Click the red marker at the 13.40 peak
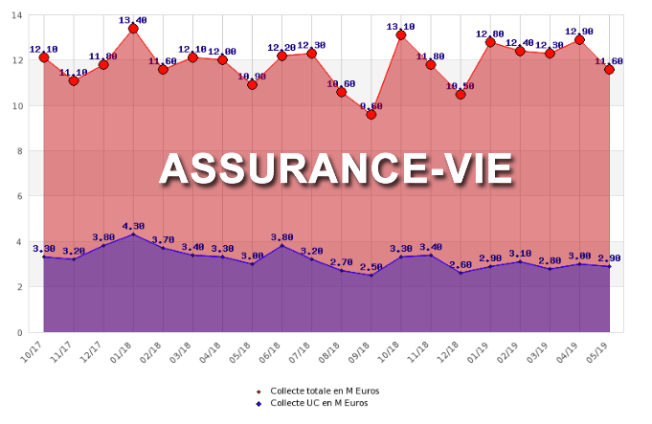click(133, 29)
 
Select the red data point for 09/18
click(371, 115)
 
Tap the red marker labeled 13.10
click(401, 35)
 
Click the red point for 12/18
click(461, 95)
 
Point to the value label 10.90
click(252, 76)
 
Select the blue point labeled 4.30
click(133, 234)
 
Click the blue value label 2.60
click(461, 264)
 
